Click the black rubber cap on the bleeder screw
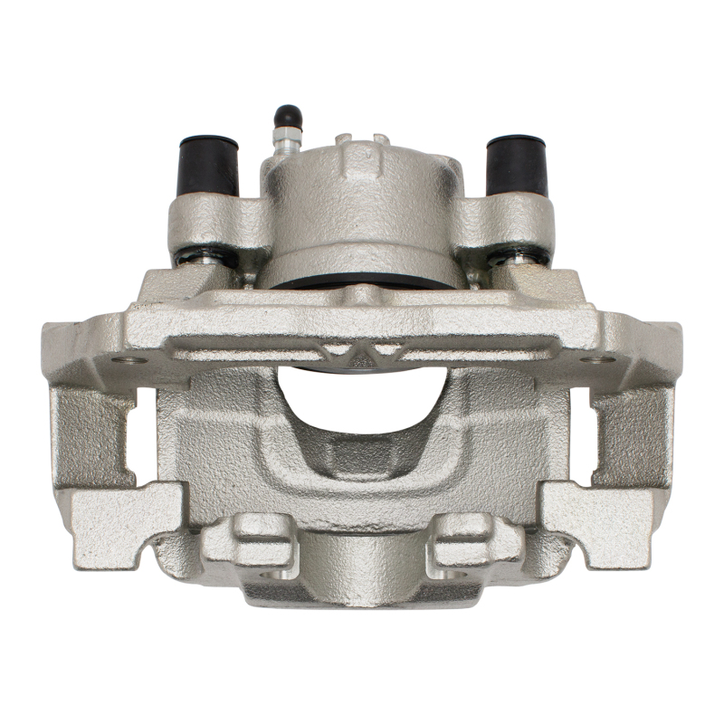pos(287,117)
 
